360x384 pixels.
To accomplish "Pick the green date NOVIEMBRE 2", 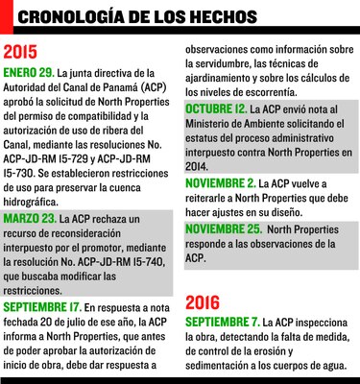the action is (220, 182).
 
